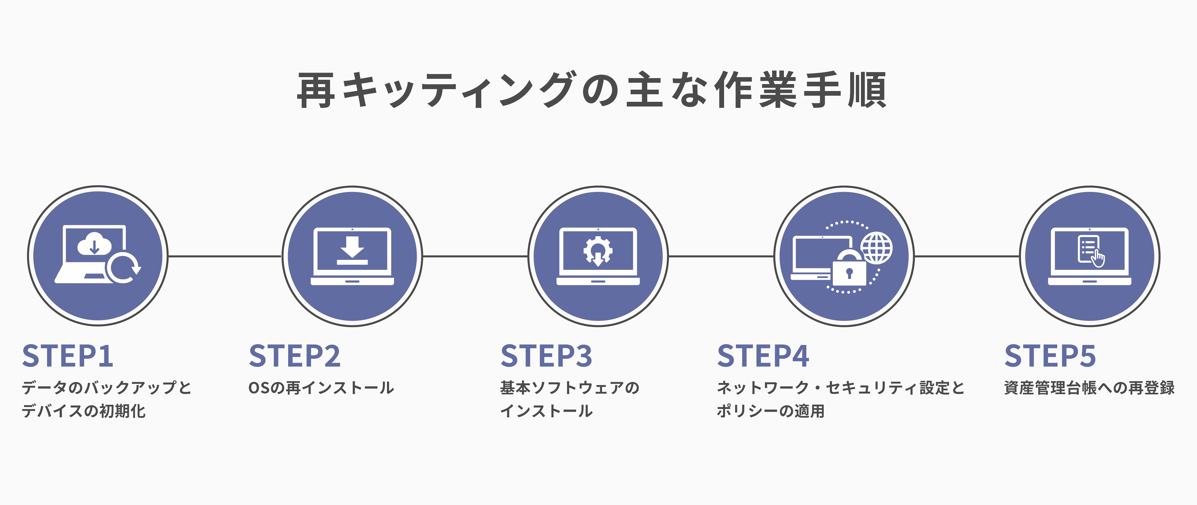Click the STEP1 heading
[x=68, y=356]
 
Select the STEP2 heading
[x=295, y=356]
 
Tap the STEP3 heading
[x=547, y=356]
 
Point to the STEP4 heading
[x=763, y=356]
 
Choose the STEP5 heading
[x=1050, y=356]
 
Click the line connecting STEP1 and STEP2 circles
[x=225, y=256]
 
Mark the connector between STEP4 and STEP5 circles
[x=967, y=256]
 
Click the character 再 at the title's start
[x=316, y=90]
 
